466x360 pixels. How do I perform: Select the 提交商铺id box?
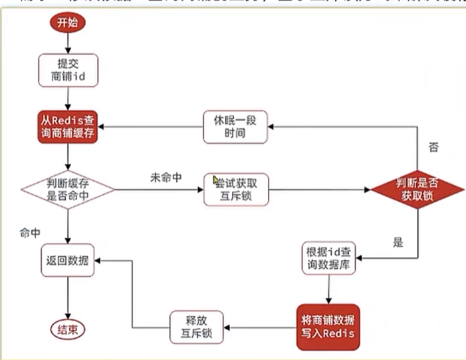coord(69,70)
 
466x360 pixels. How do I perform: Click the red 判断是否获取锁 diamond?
coord(417,189)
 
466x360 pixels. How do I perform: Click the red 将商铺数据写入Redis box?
coord(328,326)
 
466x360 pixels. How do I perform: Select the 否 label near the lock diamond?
coord(434,148)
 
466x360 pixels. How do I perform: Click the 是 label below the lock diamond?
coord(398,242)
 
